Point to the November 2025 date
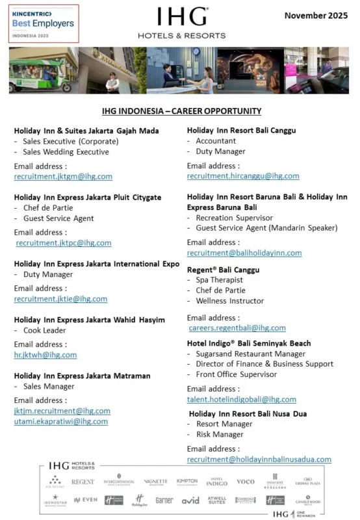[x=316, y=14]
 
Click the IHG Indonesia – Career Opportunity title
[x=181, y=111]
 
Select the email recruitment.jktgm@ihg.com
[x=63, y=176]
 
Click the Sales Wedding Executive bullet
[x=66, y=152]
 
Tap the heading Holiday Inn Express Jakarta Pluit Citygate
[x=88, y=197]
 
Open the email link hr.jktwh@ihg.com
[x=45, y=355]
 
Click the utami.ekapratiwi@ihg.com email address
[x=61, y=421]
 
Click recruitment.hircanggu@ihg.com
[x=243, y=176]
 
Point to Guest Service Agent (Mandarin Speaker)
[x=266, y=228]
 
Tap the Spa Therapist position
[x=219, y=280]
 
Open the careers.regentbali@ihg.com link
[x=237, y=328]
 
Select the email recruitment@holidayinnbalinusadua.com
[x=259, y=459]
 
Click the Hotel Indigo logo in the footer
[x=216, y=482]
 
